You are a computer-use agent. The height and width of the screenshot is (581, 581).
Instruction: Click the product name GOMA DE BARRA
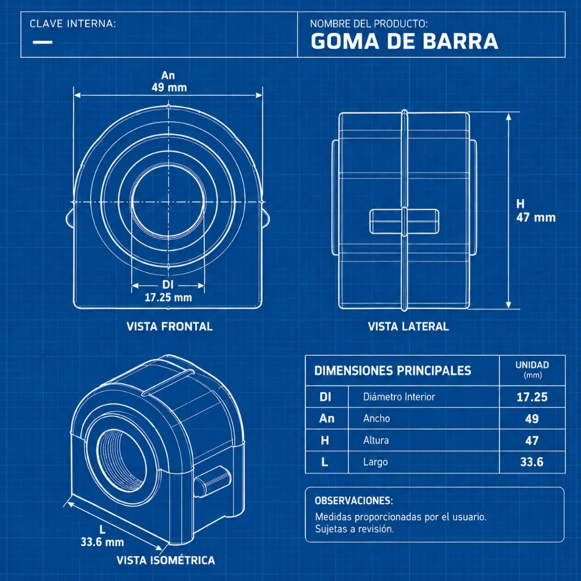pos(404,41)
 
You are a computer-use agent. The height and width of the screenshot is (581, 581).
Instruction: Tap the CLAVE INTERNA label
pos(73,24)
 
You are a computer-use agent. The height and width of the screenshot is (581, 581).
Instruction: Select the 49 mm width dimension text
pos(169,87)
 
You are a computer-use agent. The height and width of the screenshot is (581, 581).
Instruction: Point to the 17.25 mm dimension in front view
pos(168,297)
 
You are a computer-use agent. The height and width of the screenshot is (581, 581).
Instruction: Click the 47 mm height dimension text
pos(536,217)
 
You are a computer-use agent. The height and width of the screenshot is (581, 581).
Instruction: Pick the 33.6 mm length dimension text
pos(102,542)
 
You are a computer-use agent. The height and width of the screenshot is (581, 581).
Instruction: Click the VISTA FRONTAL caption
pos(169,326)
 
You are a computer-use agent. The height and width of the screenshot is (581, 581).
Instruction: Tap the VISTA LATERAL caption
pos(408,326)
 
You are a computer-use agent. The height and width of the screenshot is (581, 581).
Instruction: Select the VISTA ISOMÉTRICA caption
pos(166,560)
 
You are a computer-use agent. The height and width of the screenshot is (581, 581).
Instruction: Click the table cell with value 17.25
pos(532,397)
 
